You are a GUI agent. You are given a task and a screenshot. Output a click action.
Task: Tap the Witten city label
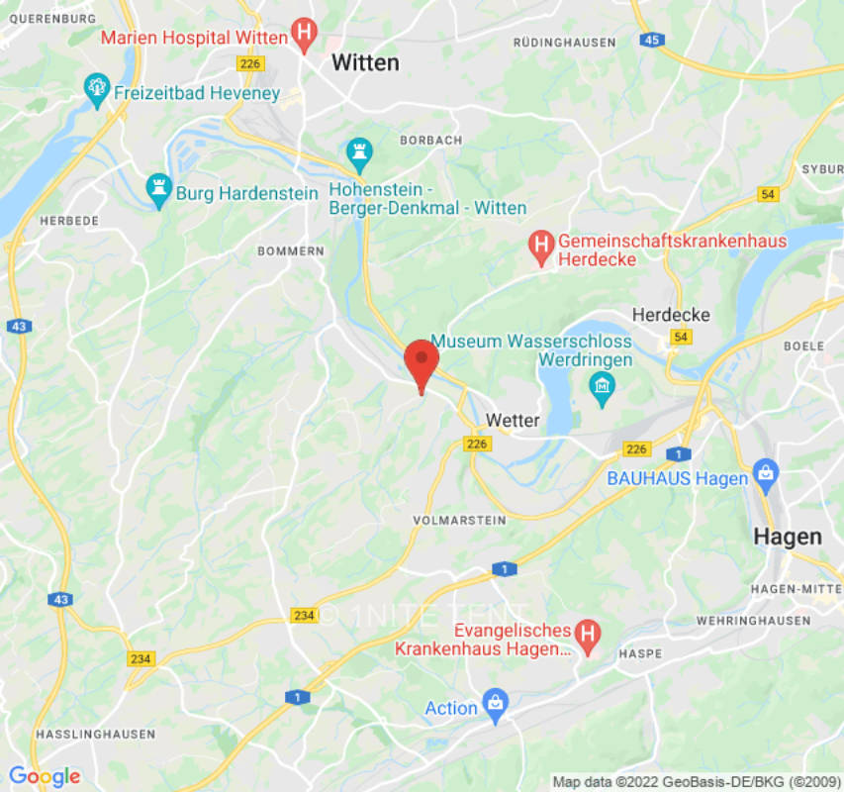365,62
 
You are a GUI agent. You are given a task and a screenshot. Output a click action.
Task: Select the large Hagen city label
788,537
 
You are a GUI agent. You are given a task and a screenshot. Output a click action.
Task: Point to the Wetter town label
513,421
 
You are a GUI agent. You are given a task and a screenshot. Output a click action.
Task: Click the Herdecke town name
671,315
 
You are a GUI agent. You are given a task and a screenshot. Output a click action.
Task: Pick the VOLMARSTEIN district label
460,520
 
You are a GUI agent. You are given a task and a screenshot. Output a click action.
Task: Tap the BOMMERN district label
290,251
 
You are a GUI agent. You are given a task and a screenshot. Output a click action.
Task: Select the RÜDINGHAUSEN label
565,43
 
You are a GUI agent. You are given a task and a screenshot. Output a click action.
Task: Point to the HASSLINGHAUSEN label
95,735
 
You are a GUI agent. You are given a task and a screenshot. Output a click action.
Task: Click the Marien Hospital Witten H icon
305,38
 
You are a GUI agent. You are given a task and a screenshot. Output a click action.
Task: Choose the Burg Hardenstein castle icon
158,190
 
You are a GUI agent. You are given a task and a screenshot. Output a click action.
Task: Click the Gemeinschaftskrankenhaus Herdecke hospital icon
540,249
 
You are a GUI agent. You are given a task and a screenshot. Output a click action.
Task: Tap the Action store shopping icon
495,707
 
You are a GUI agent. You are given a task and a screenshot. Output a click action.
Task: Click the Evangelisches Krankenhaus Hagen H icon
588,640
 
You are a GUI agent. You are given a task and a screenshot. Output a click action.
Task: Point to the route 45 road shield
650,40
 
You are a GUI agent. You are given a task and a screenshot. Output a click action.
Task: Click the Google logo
44,777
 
